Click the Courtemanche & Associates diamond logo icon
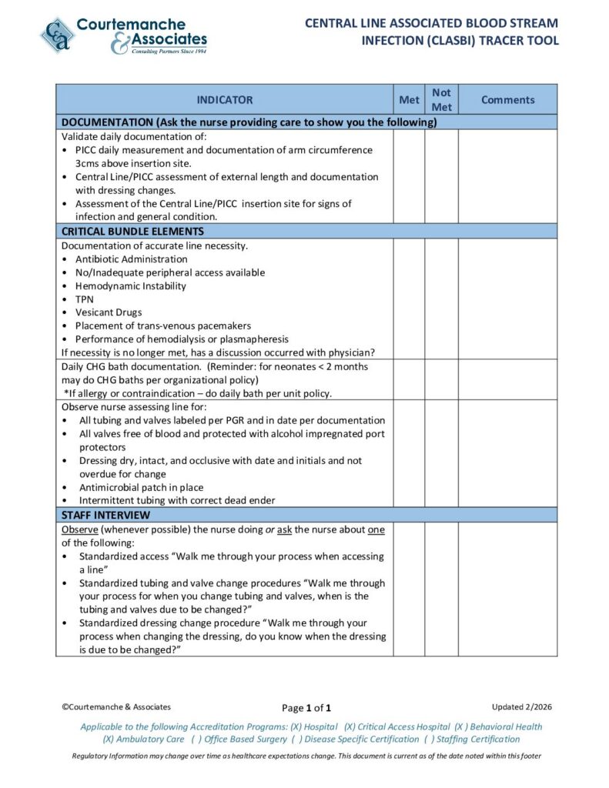tap(58, 35)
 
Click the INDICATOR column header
tap(224, 100)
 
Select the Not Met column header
tap(441, 100)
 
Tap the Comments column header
tap(507, 100)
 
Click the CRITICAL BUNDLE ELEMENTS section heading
tap(132, 231)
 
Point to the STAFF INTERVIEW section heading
tap(105, 515)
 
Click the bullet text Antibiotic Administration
tap(131, 259)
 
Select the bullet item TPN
tap(84, 299)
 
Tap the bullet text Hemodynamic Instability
tap(130, 286)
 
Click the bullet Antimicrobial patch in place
tap(141, 487)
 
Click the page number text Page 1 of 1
tap(306, 708)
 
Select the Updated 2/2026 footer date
tap(521, 706)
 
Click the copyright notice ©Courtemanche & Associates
tap(116, 706)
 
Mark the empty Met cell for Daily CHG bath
tap(408, 379)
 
